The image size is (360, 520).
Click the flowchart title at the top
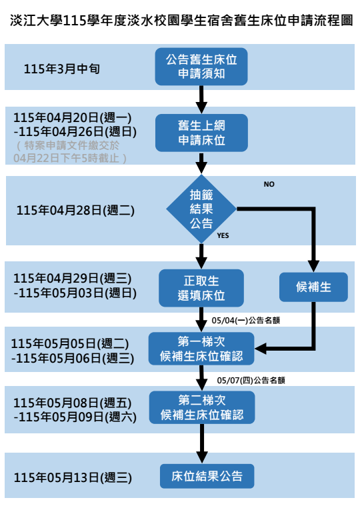coord(180,20)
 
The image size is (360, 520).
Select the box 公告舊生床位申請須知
coord(201,67)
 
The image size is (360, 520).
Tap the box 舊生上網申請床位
coord(201,133)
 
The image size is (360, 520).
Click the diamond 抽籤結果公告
coord(201,209)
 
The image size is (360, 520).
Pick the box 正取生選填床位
coord(201,287)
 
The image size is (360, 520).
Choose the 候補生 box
coord(313,287)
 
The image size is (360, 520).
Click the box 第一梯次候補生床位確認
coord(201,349)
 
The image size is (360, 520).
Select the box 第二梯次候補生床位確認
coord(201,407)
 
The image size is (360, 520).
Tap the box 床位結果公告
coord(207,477)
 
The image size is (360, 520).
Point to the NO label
coord(269,184)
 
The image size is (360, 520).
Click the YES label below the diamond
coord(223,236)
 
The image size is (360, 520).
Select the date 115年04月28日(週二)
coord(75,210)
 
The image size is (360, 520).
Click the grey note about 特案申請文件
coord(70,151)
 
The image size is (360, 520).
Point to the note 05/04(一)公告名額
coord(245,320)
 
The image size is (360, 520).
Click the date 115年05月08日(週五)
coord(73,403)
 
